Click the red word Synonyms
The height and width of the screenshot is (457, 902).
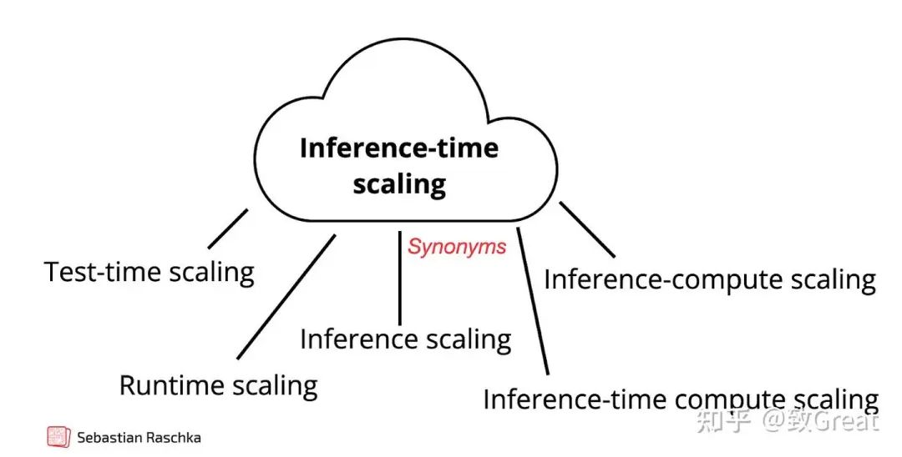click(457, 246)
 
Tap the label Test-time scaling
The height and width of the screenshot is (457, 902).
click(149, 272)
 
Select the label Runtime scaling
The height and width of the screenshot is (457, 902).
click(218, 385)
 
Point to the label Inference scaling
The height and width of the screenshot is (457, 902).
click(405, 339)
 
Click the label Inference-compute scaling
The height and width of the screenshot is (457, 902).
click(709, 279)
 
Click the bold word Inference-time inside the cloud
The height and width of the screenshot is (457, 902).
click(398, 148)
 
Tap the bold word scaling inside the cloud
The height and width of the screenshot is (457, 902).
click(398, 183)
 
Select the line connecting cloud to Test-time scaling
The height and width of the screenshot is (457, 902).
click(228, 228)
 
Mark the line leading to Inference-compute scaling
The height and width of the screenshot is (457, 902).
click(586, 228)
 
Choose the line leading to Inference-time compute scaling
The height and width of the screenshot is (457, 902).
click(532, 300)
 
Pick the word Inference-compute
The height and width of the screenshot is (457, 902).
click(648, 279)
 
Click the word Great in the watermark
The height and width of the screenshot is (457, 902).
click(847, 421)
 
